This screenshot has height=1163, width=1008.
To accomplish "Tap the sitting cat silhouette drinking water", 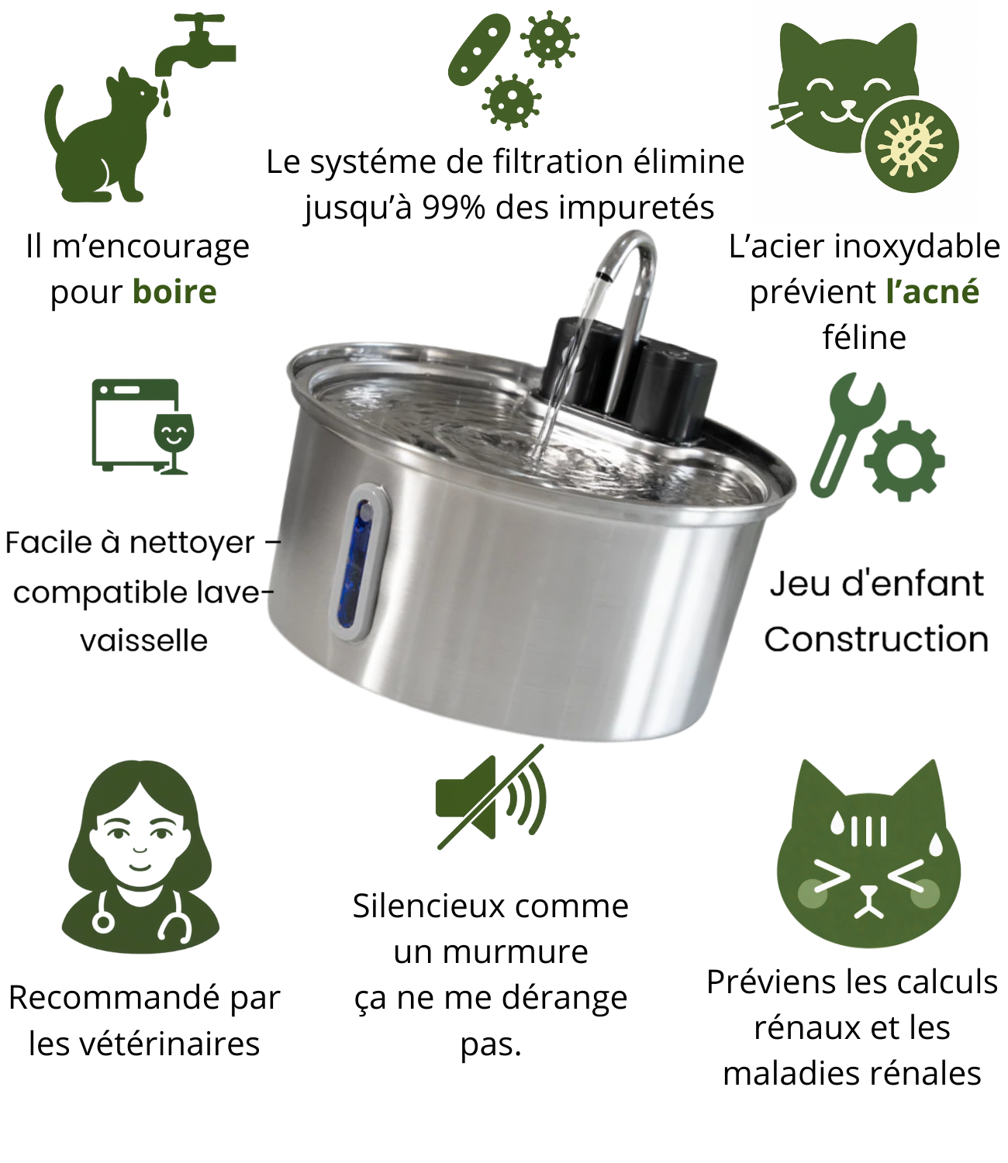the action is pyautogui.click(x=102, y=138).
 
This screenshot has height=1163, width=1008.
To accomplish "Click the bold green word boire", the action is pyautogui.click(x=174, y=292).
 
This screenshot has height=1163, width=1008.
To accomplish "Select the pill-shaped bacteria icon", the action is pyautogui.click(x=479, y=50).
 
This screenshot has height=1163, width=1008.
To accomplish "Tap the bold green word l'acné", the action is pyautogui.click(x=933, y=292).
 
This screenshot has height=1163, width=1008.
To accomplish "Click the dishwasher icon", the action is pyautogui.click(x=135, y=425).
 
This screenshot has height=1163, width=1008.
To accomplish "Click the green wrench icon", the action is pyautogui.click(x=844, y=433).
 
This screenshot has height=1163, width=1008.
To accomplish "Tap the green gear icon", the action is pyautogui.click(x=904, y=461).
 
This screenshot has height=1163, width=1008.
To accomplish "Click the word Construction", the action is pyautogui.click(x=876, y=639).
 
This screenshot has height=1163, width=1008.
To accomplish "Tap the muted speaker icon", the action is pyautogui.click(x=490, y=799).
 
